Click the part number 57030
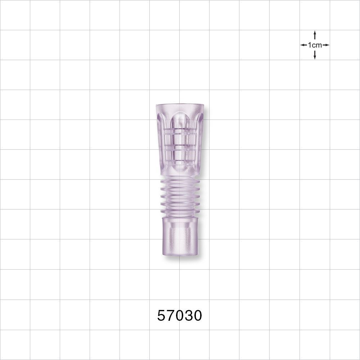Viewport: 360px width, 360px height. [x=180, y=316]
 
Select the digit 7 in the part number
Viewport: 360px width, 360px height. [x=171, y=316]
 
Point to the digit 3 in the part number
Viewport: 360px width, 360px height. [x=189, y=316]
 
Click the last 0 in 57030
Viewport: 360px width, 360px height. [x=198, y=316]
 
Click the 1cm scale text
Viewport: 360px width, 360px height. [x=315, y=45]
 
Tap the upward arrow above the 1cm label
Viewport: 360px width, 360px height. [x=315, y=35]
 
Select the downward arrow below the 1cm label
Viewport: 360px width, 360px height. [x=315, y=55]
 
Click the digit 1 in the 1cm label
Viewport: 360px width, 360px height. [x=310, y=45]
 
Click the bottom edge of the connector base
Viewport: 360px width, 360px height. [x=180, y=255]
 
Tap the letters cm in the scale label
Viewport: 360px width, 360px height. [x=317, y=45]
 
